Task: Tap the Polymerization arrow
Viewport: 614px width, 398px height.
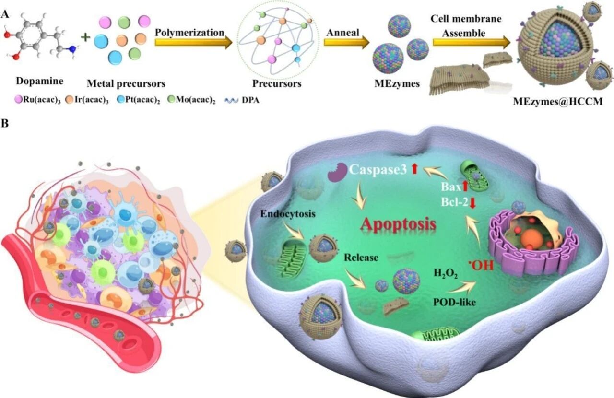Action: (192, 42)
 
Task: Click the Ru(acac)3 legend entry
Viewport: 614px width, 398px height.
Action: (37, 101)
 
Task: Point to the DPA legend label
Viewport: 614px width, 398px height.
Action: (249, 101)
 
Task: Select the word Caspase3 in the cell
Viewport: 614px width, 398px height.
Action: (377, 169)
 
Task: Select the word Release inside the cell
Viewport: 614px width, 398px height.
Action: (361, 258)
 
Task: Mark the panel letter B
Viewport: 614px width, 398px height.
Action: (5, 123)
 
